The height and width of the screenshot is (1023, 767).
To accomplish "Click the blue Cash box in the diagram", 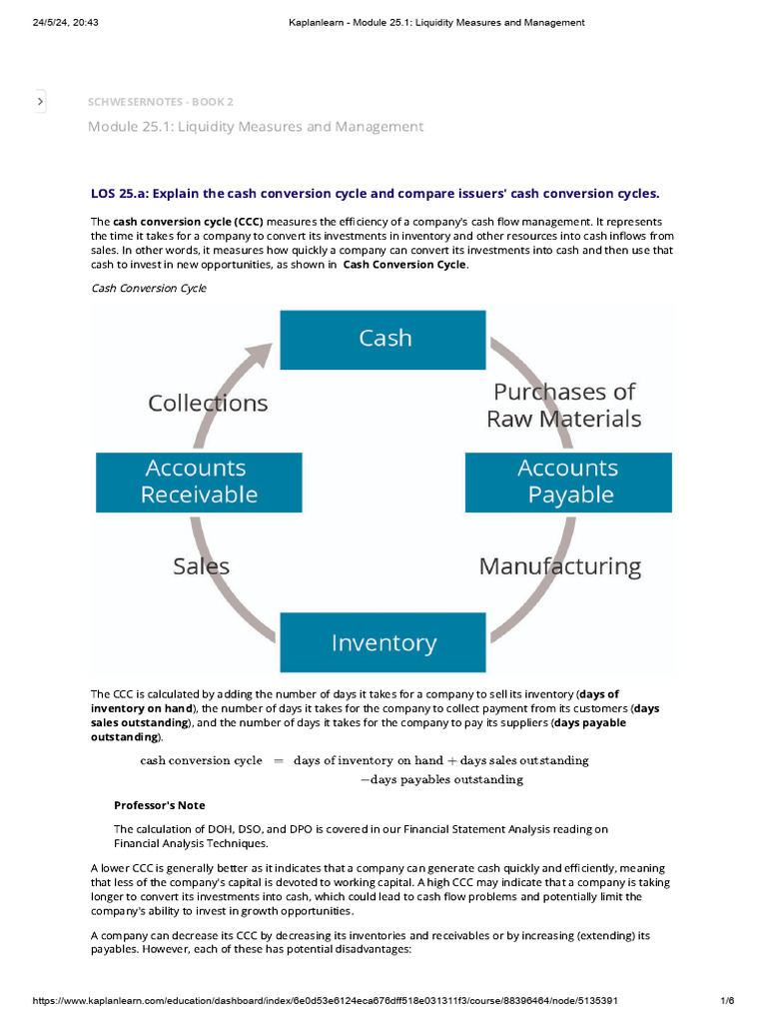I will tap(383, 339).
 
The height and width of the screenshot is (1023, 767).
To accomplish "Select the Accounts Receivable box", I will tap(199, 482).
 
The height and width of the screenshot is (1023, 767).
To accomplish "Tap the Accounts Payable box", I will tap(568, 482).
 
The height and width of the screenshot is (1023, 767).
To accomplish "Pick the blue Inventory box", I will tap(383, 641).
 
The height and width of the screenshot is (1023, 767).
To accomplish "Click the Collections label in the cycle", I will tap(208, 403).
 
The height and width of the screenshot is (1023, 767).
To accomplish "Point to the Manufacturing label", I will tap(559, 566).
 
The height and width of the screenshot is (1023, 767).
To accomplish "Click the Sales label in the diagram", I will tap(201, 566).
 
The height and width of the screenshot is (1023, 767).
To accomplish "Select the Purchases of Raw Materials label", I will tap(563, 405).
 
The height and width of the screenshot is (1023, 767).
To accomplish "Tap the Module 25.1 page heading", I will tap(255, 127).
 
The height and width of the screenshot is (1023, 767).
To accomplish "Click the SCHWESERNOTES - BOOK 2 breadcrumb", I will tap(161, 102).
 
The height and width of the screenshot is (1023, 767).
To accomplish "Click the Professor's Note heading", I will tap(160, 805).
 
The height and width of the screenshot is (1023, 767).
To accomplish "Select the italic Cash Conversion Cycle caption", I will tap(149, 288).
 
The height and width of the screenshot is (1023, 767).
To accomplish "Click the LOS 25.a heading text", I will tap(375, 193).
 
